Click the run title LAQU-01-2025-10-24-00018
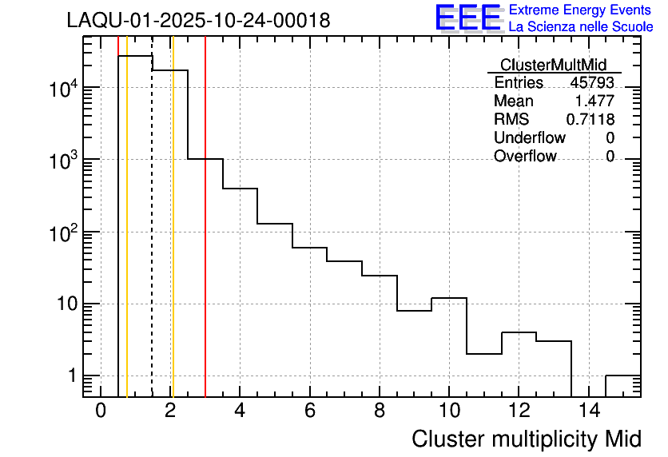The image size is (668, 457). coord(198,21)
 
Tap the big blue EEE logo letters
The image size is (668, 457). coord(468,18)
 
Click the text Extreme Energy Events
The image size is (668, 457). coord(581,10)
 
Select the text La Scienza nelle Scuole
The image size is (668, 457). coord(581,27)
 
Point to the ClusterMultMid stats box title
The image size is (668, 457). coord(553,65)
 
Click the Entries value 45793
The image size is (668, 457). coord(592,82)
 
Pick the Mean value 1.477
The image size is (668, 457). coord(594,101)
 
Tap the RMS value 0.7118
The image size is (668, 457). coord(590,119)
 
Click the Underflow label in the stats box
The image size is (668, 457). coord(529,137)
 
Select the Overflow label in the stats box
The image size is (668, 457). coord(525,156)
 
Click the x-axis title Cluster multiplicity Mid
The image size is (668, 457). coord(527,439)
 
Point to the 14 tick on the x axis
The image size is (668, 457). coord(588,411)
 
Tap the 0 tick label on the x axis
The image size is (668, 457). coord(101,411)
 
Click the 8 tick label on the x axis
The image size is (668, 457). coord(380,411)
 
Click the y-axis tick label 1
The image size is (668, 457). coord(70,376)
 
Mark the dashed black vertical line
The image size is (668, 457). coord(152,240)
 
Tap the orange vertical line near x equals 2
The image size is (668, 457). coord(173,240)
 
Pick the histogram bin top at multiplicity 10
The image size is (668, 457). coord(449,298)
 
